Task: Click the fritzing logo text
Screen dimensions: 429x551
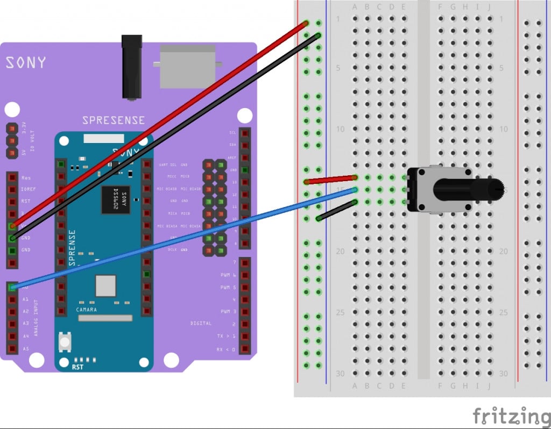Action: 511,416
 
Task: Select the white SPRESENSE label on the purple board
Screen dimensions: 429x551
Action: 113,120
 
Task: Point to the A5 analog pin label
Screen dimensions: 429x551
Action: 25,349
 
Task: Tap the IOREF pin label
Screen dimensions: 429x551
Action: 29,189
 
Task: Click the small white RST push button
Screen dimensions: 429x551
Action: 65,342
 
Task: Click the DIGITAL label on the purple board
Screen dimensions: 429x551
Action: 201,324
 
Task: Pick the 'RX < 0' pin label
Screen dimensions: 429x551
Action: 225,349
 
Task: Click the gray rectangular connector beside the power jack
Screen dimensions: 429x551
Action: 186,66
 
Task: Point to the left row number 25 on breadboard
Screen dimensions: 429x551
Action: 340,312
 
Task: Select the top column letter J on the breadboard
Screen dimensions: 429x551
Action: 489,7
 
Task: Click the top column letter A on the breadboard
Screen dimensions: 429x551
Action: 355,7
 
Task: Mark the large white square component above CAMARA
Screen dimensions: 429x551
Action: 105,285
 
